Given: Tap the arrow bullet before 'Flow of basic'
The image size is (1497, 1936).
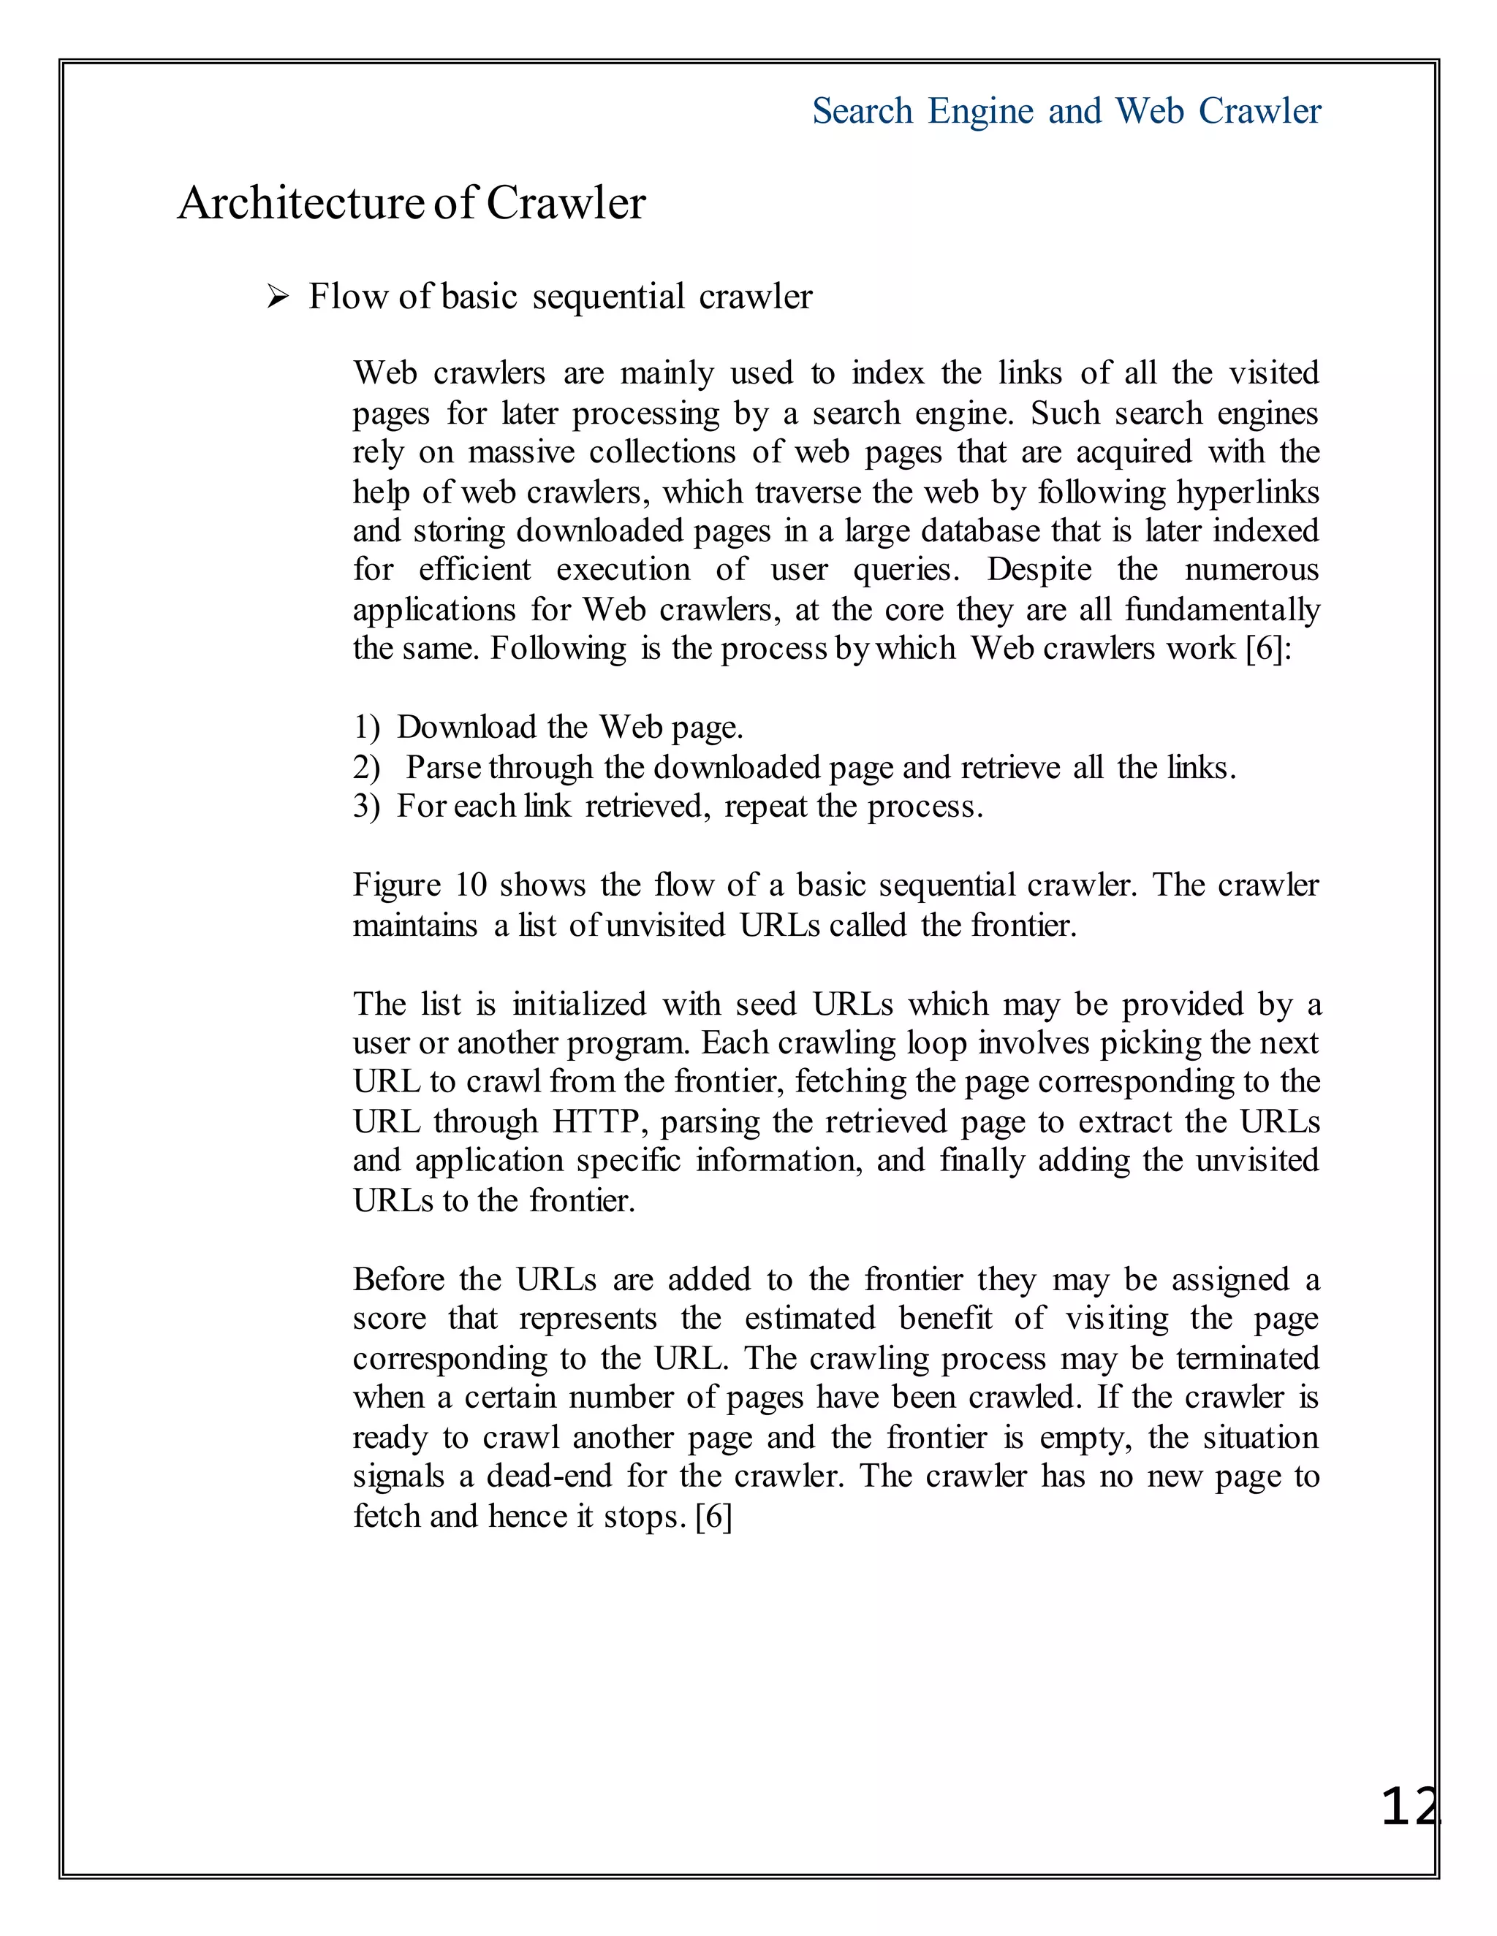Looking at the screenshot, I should pos(278,298).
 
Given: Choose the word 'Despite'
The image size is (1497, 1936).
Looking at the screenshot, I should pos(1039,570).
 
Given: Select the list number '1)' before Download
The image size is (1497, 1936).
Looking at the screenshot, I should pos(366,728).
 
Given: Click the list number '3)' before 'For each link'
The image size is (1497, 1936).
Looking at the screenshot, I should pos(366,807).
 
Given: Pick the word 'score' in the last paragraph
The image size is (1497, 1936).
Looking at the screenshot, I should pos(390,1319).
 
